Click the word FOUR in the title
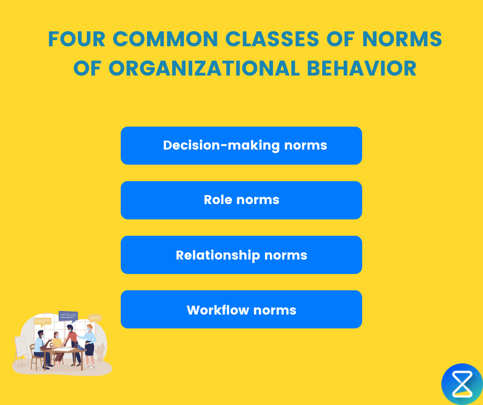coord(77,40)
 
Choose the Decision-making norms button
coord(241,145)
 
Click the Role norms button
coord(241,200)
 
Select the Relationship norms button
coord(241,255)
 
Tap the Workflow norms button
coord(241,309)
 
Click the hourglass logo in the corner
coord(461,383)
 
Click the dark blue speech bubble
coord(68,316)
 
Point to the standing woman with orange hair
coord(89,342)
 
